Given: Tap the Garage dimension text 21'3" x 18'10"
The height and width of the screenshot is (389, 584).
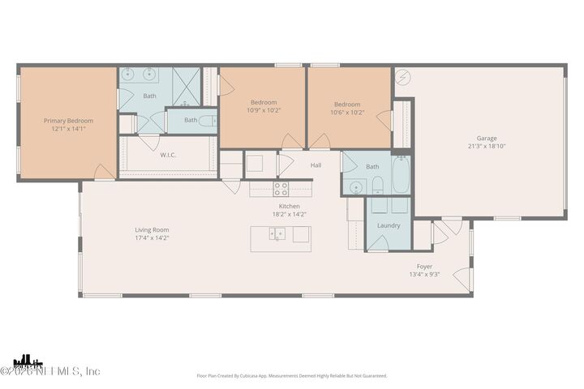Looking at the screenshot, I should coord(487,147).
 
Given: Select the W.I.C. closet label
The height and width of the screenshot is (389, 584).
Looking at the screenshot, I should coord(169,155).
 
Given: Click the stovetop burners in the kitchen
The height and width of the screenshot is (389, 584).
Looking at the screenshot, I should coord(281,189).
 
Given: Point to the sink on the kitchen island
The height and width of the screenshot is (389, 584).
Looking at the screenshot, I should coord(277,235).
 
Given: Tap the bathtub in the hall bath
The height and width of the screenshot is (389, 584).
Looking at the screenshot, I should coord(401,175).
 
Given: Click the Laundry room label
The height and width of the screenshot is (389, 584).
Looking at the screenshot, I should coord(389,224).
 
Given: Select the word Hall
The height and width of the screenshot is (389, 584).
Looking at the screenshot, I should coord(316,165).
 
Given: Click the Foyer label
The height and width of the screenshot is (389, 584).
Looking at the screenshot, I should coord(424,266).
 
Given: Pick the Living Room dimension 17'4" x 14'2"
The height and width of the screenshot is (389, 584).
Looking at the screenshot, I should coord(152,239).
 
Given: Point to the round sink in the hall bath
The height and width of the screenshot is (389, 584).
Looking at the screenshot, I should coord(355,187).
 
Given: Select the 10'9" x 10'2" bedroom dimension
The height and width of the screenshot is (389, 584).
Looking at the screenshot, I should coord(264,111).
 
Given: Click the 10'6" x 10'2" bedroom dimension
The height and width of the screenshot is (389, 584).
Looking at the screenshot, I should coord(348,112).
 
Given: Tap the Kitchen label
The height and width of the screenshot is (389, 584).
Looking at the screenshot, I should coord(290,206).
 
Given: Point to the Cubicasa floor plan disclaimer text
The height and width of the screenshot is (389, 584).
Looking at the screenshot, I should coord(292,375).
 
